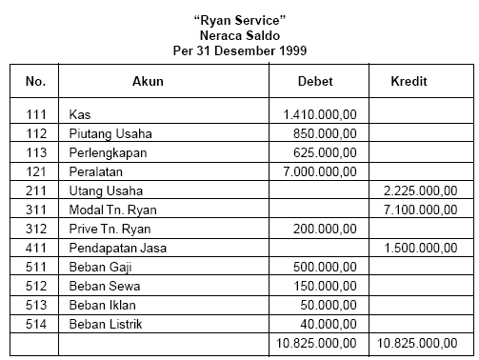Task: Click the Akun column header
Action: pyautogui.click(x=148, y=81)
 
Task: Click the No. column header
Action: pyautogui.click(x=33, y=81)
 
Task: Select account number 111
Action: pyautogui.click(x=34, y=114)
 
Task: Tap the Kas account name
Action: pyautogui.click(x=80, y=114)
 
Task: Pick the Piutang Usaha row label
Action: pyautogui.click(x=110, y=133)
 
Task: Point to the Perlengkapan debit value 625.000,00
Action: pyautogui.click(x=325, y=152)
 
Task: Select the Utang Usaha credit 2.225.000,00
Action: pyautogui.click(x=419, y=190)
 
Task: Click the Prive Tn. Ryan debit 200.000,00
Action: pyautogui.click(x=325, y=229)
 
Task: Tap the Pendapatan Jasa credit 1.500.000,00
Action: pyautogui.click(x=419, y=248)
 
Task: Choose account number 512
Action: pyautogui.click(x=34, y=286)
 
